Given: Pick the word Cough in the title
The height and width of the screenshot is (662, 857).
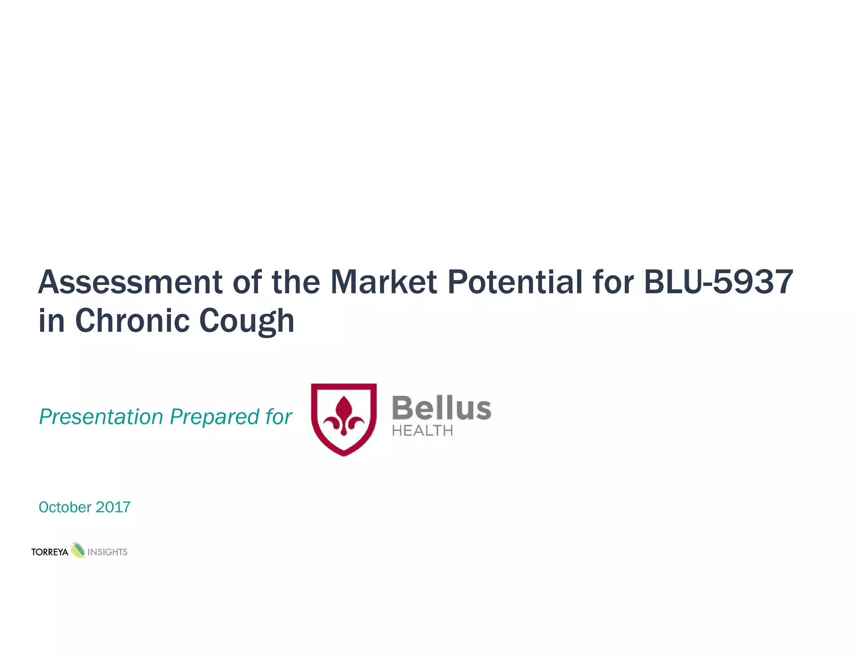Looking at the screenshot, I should tap(246, 321).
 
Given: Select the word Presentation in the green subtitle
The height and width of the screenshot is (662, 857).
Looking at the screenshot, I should tap(101, 417).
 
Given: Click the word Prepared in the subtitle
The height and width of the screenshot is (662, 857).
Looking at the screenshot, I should tap(215, 418).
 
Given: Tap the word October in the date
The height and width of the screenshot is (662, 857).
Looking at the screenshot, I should tap(65, 507).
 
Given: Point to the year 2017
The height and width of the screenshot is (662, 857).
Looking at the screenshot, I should tap(113, 507).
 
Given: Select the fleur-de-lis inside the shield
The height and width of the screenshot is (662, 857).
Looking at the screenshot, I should tap(344, 417).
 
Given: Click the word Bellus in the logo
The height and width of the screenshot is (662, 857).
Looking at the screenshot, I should tap(441, 408).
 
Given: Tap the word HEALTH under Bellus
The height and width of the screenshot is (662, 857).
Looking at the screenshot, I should tap(422, 431).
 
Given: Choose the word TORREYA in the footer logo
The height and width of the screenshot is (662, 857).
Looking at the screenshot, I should tap(50, 552).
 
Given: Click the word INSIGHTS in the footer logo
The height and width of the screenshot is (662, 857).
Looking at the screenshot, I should tap(107, 552).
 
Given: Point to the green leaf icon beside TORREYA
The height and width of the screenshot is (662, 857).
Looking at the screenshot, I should tap(78, 550).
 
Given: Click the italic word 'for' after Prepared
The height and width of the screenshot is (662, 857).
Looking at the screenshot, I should tap(278, 417).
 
